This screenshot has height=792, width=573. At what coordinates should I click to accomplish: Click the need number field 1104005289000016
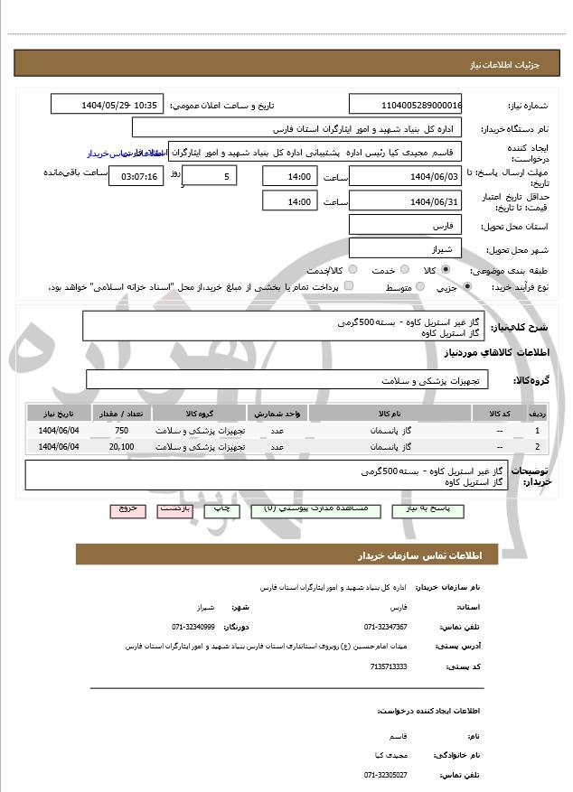405,105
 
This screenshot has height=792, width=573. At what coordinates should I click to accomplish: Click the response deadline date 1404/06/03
405,176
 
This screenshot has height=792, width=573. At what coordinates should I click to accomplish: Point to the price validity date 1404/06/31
405,201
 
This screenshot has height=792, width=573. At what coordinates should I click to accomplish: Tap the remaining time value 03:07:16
136,176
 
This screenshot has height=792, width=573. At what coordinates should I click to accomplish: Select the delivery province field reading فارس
405,225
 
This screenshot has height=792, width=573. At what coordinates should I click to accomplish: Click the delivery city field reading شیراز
405,247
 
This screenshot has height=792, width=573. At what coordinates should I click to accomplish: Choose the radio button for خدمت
404,270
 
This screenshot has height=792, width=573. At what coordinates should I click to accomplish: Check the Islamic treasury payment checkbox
349,287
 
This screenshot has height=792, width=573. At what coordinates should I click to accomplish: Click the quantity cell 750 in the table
121,431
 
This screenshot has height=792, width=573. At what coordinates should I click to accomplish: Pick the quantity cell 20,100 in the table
121,446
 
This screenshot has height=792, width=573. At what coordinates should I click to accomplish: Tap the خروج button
127,509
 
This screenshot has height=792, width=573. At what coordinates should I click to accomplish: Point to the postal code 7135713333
389,666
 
